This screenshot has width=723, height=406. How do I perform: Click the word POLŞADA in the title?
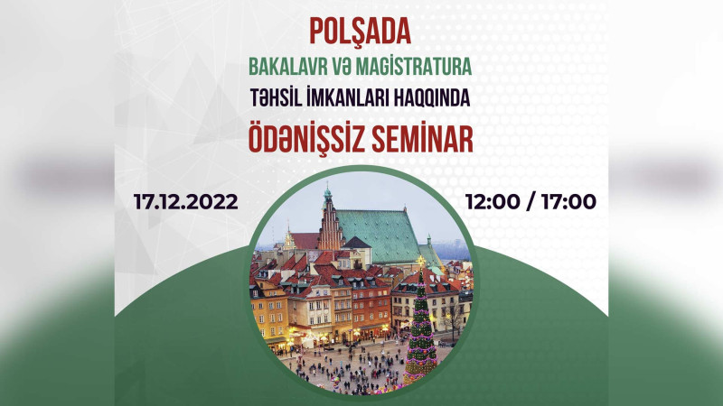tap(361, 32)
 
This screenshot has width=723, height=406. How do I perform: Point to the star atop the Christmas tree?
tap(420, 263)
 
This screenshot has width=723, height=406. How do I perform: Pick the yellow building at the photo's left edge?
tap(268, 311)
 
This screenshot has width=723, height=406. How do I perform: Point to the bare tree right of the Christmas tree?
tap(451, 318)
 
